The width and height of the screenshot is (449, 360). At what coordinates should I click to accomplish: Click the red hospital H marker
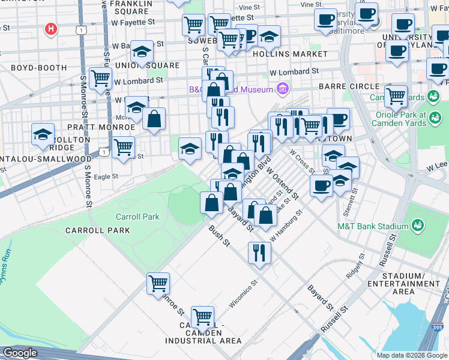52,28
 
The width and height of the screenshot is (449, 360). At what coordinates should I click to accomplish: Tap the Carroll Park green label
138,217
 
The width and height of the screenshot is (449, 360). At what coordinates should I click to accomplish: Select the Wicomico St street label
243,293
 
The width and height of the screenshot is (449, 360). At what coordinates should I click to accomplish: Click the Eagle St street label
106,176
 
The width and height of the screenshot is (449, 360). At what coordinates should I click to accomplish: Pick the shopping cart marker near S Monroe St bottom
158,283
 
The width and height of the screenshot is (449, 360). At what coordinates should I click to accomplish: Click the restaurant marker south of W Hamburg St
259,251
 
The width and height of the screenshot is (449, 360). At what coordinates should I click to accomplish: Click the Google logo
20,353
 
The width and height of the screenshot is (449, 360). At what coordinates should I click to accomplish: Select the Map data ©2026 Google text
412,355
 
